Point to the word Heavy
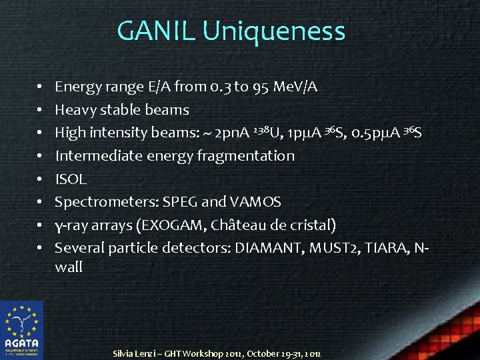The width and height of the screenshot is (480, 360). point(75,110)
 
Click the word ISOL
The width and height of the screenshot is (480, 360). point(70,179)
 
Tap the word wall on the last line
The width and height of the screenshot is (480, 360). point(69,267)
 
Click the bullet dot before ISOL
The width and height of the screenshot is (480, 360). point(40,179)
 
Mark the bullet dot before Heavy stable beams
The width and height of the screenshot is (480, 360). point(40,110)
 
